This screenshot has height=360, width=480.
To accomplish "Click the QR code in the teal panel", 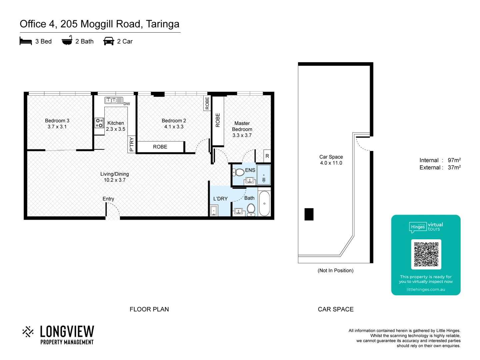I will coord(426,254).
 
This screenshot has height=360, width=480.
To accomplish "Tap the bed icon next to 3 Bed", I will coord(26,41).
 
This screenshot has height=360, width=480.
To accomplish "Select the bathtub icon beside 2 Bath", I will coord(67,41).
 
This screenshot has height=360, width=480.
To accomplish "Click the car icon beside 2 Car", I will coord(109,41).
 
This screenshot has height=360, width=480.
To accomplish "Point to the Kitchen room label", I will coord(116,123).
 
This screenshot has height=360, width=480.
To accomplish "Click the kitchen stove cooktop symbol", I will coord(99,123).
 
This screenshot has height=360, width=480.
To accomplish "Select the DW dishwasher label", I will coord(127,104).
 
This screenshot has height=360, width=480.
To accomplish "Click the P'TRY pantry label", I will coord(132,144).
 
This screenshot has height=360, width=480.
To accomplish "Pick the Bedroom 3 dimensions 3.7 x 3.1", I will coord(57,127).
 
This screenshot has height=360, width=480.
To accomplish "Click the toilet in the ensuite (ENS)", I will coord(239,172).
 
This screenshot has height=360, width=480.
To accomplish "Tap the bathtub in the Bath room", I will coord(264,203).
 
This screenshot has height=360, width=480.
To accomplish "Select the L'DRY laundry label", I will coord(220,199).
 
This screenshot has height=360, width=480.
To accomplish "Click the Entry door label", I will coord(108,199).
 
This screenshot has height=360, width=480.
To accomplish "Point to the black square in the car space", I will coord(309,214).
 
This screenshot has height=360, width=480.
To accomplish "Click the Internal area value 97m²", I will coord(454,160).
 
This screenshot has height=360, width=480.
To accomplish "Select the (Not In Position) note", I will coord(335,270).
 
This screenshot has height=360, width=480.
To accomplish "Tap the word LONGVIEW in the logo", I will coord(67,332).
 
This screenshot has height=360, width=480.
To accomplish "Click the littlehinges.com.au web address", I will coord(426,289).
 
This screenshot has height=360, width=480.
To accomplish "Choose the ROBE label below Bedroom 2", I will coord(160,147).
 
